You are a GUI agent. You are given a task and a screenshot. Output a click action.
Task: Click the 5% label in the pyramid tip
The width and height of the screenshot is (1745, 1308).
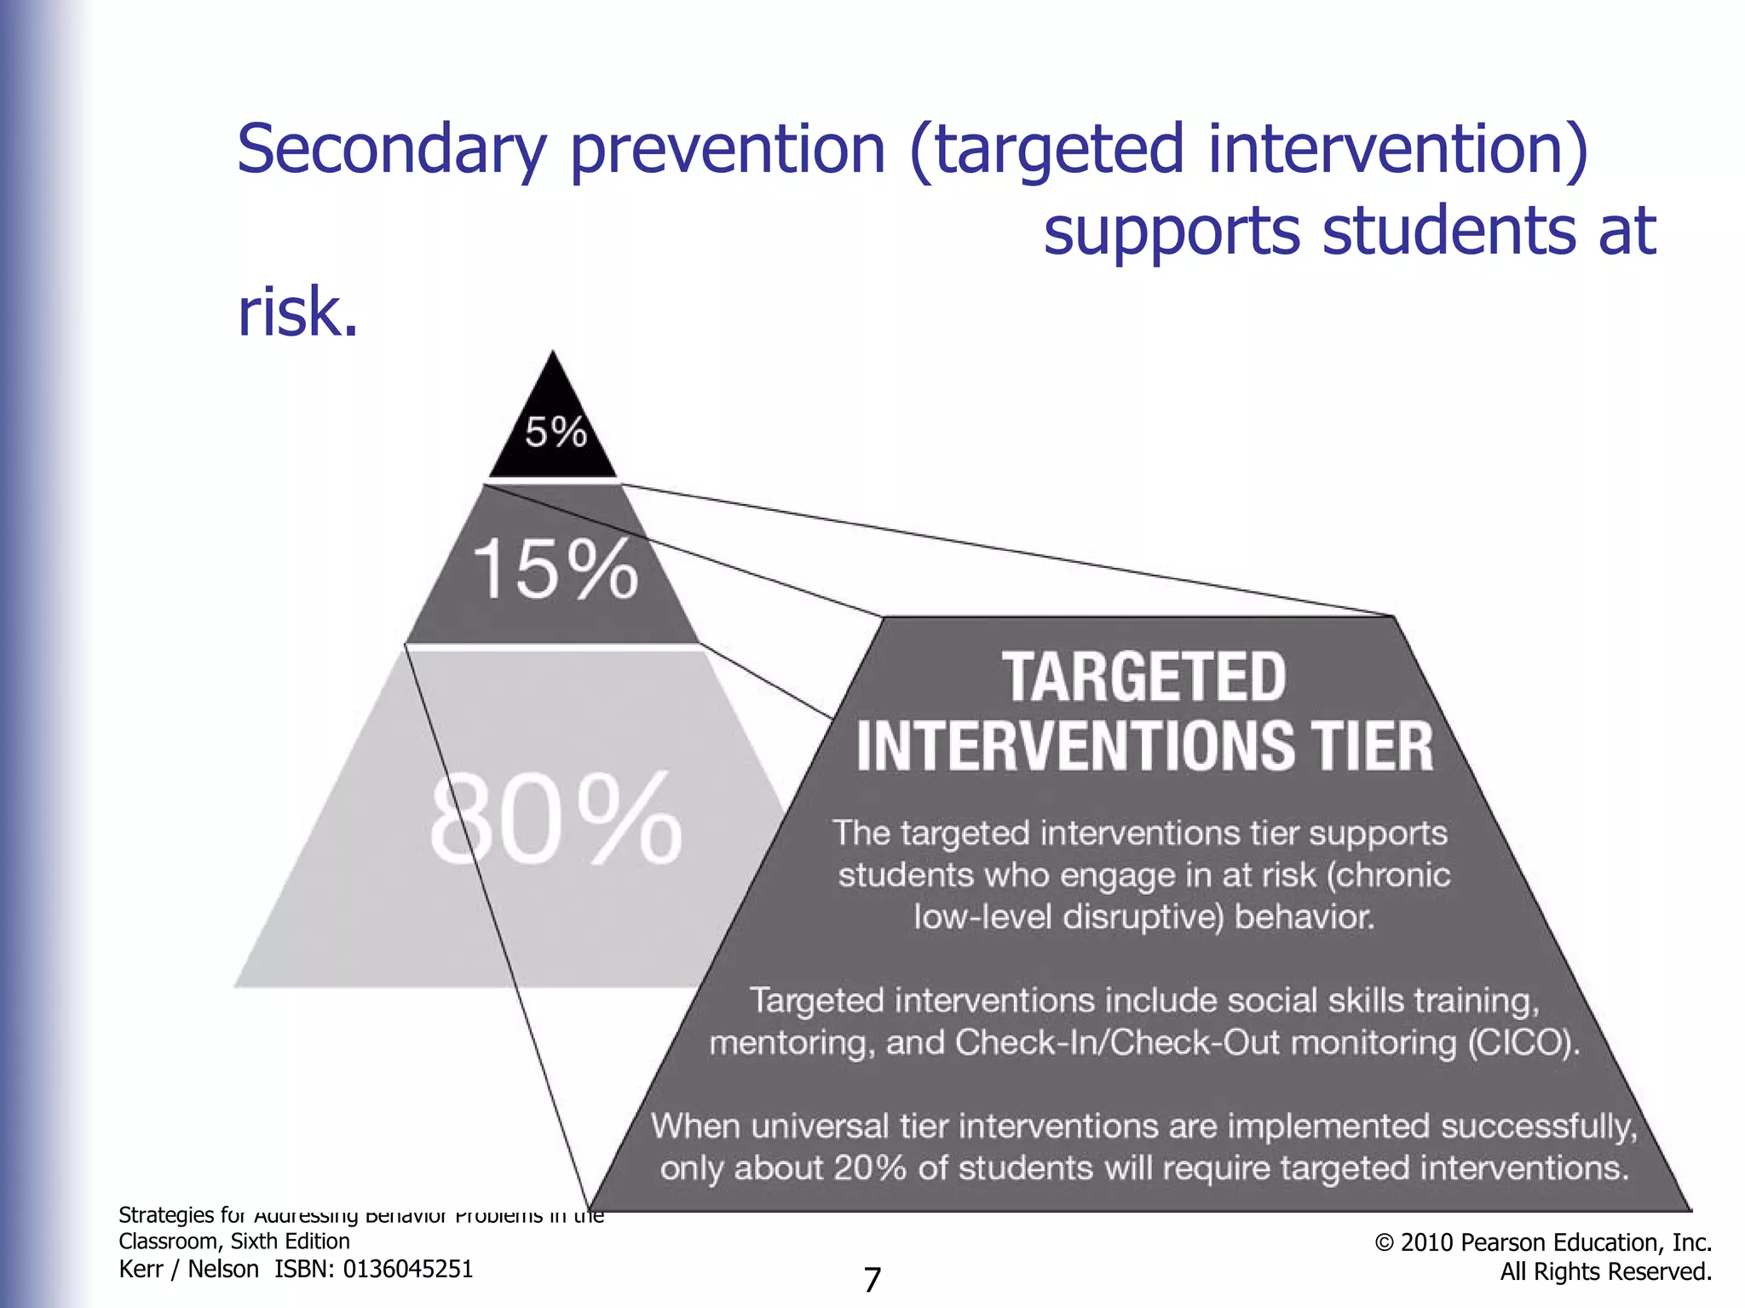click(556, 432)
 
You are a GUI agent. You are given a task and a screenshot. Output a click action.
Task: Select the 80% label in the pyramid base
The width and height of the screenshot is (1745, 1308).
click(556, 819)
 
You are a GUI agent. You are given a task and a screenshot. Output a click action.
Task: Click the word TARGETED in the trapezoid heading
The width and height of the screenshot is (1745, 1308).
click(1144, 678)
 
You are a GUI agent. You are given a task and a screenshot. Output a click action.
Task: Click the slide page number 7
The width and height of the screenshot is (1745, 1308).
click(872, 1280)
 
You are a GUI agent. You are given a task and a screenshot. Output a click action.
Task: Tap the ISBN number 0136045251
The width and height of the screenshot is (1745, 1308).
click(407, 1270)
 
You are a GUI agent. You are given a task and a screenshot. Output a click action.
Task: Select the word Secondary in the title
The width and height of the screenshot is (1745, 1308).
click(391, 149)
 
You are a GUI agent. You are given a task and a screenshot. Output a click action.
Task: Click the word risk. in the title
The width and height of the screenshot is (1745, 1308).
click(297, 312)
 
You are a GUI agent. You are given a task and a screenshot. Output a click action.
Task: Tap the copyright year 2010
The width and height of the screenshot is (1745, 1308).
click(1427, 1242)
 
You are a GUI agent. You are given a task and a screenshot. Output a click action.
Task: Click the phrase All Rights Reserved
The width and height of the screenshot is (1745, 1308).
click(1605, 1271)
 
